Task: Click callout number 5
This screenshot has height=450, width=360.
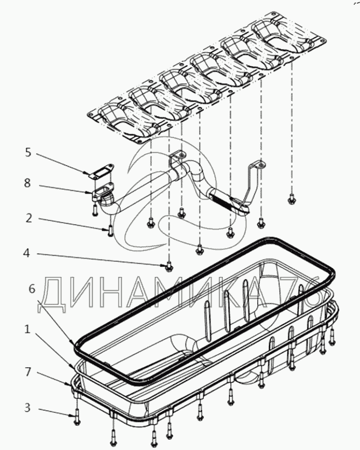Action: [28, 153]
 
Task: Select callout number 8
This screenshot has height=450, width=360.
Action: [28, 183]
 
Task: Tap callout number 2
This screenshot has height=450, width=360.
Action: [28, 218]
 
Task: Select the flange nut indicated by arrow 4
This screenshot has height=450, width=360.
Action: [169, 266]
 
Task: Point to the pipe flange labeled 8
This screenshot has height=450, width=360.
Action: [101, 192]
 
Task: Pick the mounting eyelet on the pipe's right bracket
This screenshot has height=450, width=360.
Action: [258, 166]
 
